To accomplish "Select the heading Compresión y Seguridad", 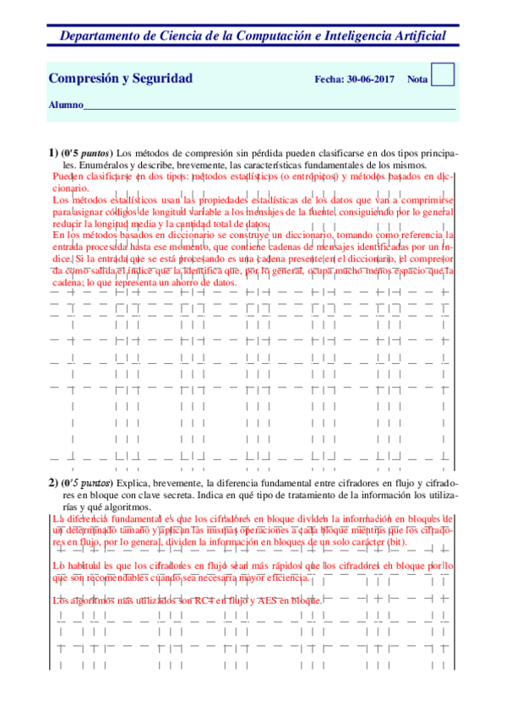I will point(121,79).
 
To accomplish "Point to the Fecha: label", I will point(329,79).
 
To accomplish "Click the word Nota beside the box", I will point(416,79).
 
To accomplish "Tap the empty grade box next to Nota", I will point(443,74).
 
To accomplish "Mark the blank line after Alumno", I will point(270,108).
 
